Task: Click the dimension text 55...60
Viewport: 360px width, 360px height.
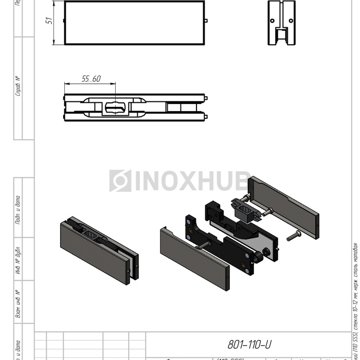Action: click(x=91, y=79)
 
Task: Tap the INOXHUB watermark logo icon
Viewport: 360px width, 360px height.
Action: click(x=120, y=181)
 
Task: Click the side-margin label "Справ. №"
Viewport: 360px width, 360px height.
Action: click(x=17, y=86)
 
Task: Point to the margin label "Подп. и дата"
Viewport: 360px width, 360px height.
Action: click(x=17, y=209)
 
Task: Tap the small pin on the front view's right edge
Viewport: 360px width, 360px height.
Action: click(x=206, y=21)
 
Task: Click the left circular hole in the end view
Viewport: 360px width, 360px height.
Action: click(x=272, y=20)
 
